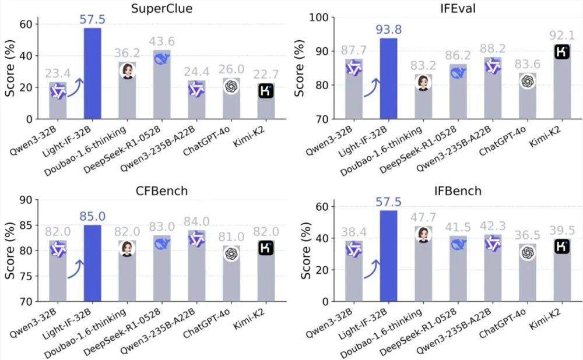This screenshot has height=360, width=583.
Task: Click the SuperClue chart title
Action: click(161, 8)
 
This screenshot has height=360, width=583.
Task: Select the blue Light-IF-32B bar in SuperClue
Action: click(93, 73)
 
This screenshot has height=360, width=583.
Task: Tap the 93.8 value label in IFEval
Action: click(388, 29)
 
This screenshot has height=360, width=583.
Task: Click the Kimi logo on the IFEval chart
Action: click(562, 52)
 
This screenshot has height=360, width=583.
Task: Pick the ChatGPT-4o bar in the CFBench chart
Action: click(231, 273)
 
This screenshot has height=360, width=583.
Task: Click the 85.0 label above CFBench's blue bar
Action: click(93, 216)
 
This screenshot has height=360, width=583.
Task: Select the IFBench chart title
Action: click(458, 191)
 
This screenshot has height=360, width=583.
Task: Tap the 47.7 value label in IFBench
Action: click(423, 217)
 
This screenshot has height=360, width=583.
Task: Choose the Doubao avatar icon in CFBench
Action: click(127, 249)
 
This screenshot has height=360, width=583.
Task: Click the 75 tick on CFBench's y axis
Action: click(26, 276)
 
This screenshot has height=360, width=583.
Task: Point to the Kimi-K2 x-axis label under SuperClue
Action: click(248, 136)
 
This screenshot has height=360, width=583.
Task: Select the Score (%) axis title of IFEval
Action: click(299, 68)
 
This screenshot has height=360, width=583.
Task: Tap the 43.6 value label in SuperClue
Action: click(161, 41)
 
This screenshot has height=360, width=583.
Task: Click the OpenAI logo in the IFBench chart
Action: click(527, 253)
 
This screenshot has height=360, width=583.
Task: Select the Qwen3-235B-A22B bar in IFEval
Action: click(493, 88)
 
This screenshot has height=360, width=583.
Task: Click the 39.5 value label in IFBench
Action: click(562, 230)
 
